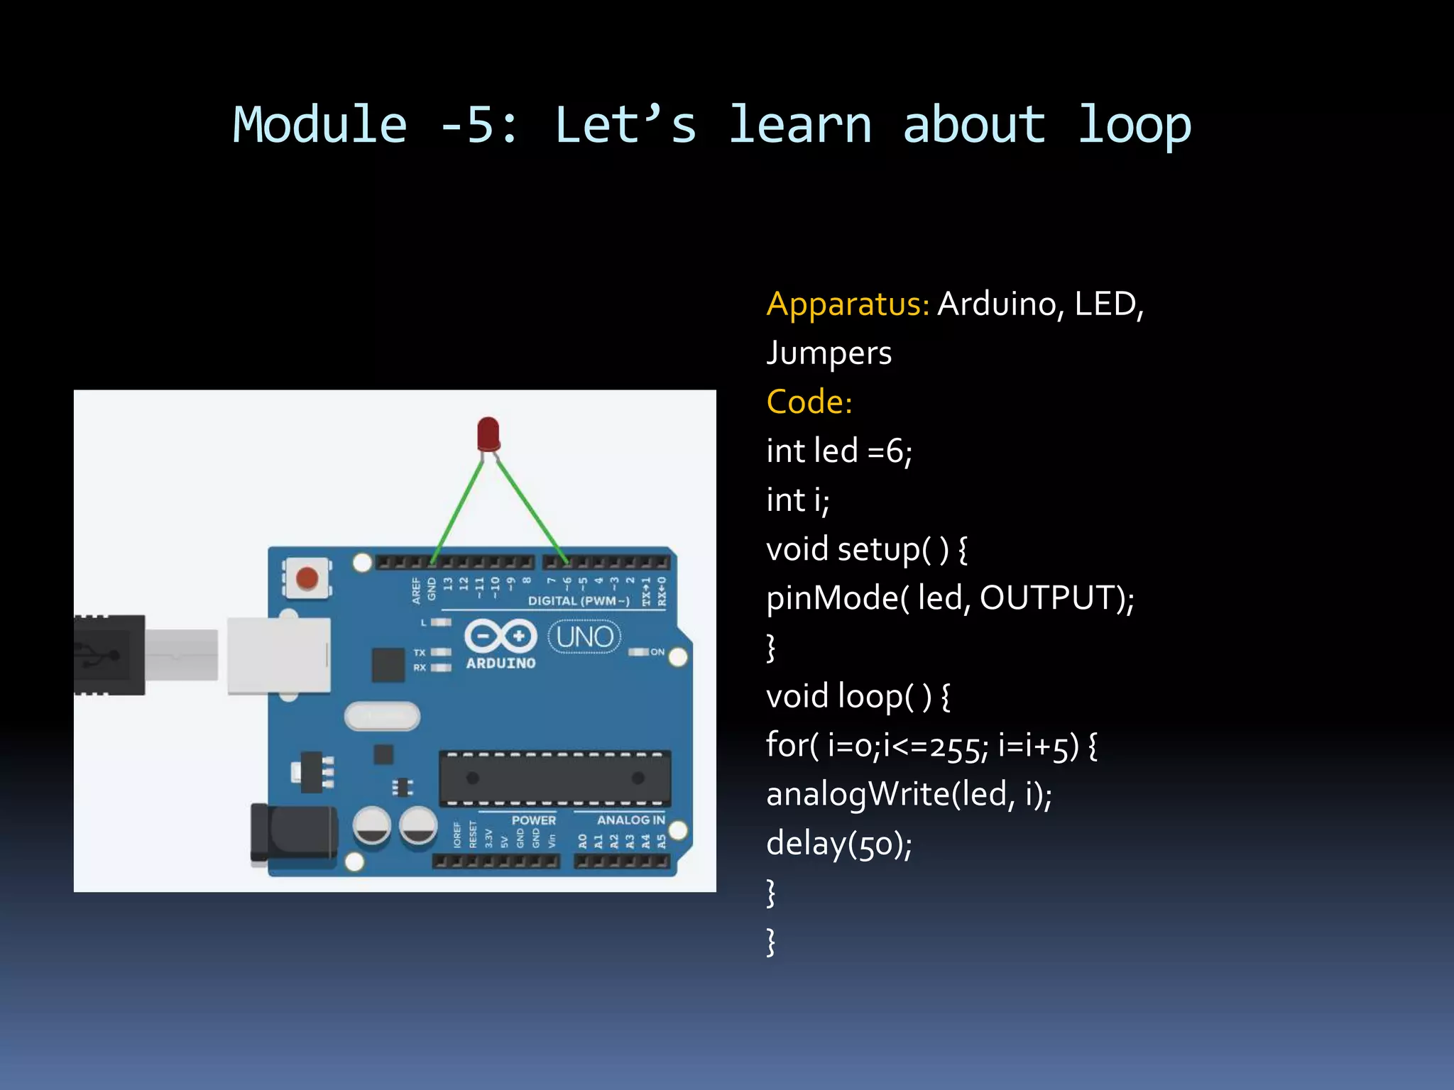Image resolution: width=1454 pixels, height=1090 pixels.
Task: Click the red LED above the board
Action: coord(488,434)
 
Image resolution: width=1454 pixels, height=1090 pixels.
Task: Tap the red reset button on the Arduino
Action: coord(307,578)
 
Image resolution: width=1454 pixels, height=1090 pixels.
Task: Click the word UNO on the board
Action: coord(584,637)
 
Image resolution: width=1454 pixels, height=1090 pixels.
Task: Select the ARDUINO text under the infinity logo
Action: coord(501,664)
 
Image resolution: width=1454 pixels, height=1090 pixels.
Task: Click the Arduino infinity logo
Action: coord(500,635)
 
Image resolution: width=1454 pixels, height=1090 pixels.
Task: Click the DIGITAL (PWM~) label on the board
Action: coord(579,601)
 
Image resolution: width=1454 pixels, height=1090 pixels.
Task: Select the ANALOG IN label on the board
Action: coord(630,820)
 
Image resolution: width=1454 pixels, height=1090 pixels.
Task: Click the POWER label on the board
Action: coord(534,820)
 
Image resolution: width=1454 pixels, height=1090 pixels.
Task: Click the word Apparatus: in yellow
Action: coord(848,304)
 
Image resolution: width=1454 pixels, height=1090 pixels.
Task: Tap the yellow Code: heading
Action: coord(809,402)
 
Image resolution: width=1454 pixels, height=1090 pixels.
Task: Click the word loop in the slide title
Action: coord(1134,125)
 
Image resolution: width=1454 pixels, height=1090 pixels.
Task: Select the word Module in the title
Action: coord(320,125)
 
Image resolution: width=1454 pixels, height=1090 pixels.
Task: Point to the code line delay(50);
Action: coord(839,844)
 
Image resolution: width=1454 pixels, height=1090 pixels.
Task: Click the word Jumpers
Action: coord(829,353)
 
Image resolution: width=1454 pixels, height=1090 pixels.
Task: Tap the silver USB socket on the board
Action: coord(279,655)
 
